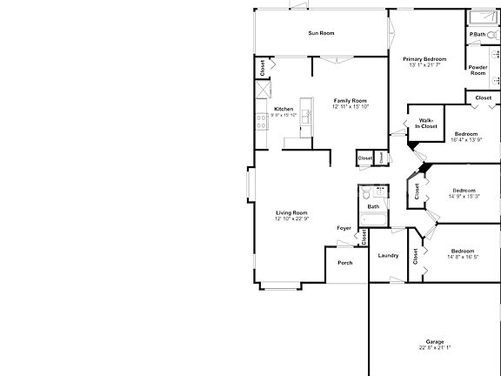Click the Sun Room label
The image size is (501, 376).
coord(321,33)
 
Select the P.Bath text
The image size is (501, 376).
coord(477,34)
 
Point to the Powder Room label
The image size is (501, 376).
coord(477,70)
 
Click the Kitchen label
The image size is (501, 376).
coord(284,108)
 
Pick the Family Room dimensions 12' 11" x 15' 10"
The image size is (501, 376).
coord(351,107)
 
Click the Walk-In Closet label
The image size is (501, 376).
coord(426,124)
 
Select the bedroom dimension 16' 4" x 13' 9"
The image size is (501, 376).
coord(465,139)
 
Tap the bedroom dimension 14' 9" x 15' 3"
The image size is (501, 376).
coord(464,197)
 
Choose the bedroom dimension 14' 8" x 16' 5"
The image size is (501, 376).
coord(463,257)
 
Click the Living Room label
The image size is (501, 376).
coord(291,212)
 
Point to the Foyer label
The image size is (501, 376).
coord(344,228)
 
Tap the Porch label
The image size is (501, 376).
coord(344,262)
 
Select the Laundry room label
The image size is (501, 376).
coord(388,255)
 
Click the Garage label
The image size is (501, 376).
coord(435,341)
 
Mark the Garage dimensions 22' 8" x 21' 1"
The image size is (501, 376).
coord(435,348)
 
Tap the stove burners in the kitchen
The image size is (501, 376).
coord(262,123)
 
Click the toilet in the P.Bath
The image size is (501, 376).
coord(492,35)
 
